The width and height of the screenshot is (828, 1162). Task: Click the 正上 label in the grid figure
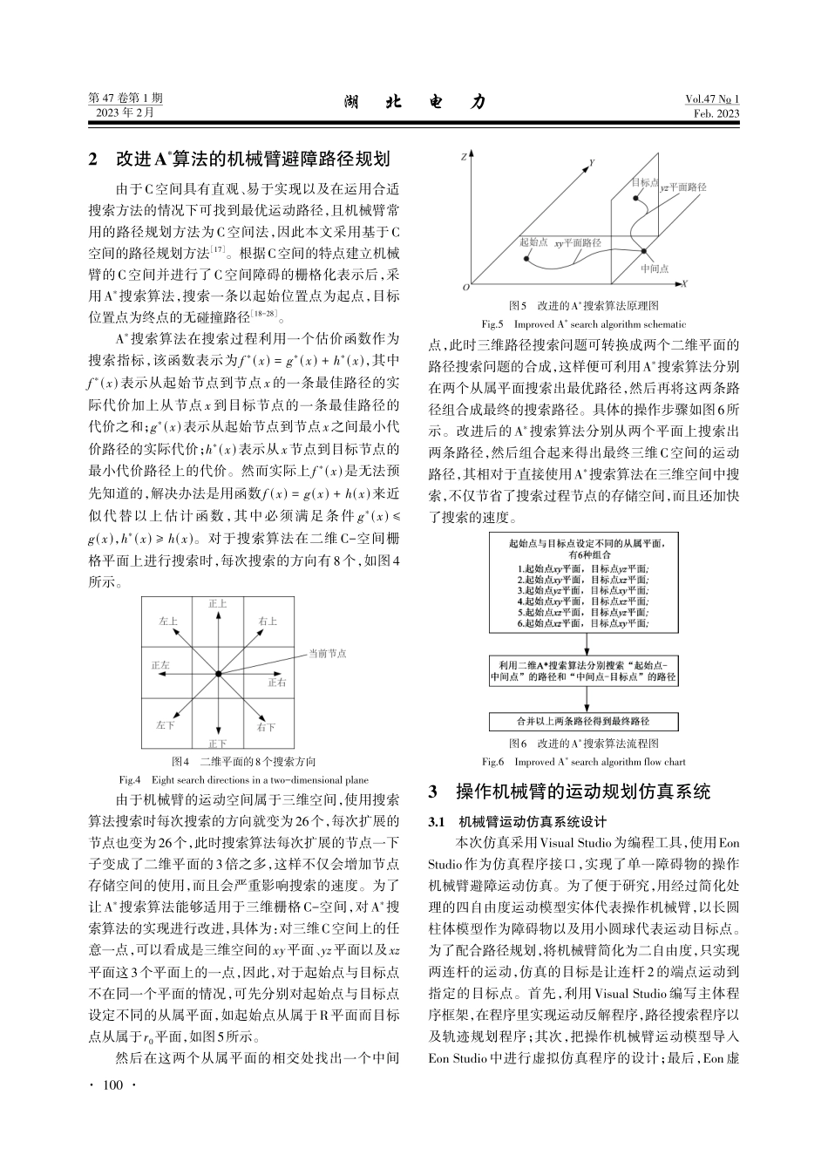218,603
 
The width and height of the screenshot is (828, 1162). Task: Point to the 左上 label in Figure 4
168,622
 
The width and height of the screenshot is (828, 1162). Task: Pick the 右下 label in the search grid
267,726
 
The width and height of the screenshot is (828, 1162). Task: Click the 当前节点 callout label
327,653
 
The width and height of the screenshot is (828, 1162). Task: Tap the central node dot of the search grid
218,674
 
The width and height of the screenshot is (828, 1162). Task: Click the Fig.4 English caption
243,778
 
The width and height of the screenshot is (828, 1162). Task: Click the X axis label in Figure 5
685,284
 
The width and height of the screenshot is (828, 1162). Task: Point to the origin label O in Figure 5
465,286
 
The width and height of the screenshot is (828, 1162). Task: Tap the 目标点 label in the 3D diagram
644,182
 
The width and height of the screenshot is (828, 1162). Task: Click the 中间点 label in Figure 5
654,269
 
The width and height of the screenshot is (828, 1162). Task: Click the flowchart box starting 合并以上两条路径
583,722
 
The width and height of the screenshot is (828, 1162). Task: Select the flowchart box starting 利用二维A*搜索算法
583,671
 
